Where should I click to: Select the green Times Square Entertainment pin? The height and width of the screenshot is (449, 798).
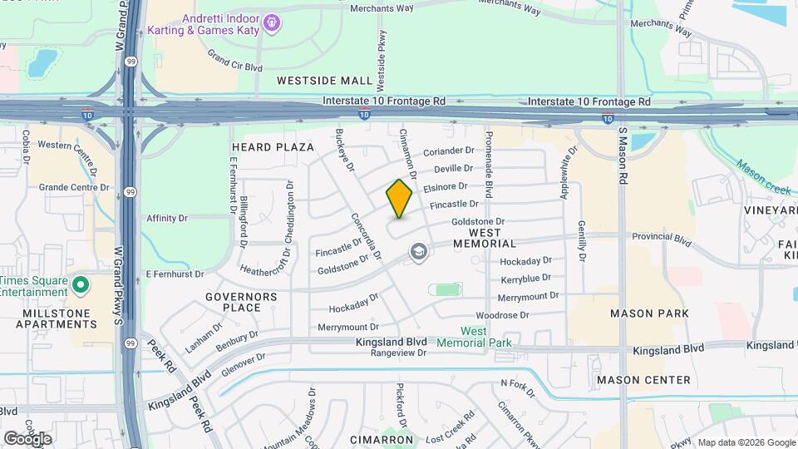(80, 286)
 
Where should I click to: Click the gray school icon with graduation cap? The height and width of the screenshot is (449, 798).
(418, 251)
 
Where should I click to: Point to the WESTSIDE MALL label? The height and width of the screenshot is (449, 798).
(324, 81)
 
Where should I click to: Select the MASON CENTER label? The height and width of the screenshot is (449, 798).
(643, 380)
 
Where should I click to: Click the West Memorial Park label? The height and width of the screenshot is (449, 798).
(474, 337)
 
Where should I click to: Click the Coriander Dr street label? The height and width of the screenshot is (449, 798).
(448, 151)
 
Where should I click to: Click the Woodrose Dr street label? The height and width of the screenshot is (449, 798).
(502, 316)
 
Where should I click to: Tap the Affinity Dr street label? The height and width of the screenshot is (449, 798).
(167, 218)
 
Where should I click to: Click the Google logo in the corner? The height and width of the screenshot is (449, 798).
(27, 438)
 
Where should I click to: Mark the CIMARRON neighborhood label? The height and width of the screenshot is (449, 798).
(382, 439)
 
